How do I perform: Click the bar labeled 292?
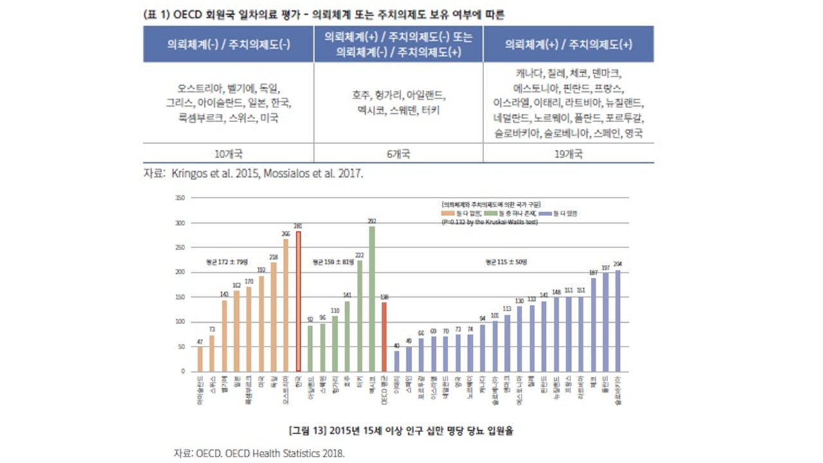[372, 298]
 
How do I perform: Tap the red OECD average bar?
[384, 336]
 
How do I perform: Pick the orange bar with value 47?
[200, 359]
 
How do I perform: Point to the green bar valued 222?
[359, 316]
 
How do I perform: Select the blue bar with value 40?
[397, 361]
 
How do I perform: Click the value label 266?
[286, 234]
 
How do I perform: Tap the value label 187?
[593, 273]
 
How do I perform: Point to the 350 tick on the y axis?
[181, 198]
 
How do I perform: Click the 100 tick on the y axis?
[181, 322]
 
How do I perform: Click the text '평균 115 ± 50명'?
[506, 262]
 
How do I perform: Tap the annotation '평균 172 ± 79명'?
[226, 262]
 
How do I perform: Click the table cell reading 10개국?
[228, 154]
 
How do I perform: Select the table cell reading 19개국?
[568, 154]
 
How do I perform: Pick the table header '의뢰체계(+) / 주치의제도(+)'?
[568, 44]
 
